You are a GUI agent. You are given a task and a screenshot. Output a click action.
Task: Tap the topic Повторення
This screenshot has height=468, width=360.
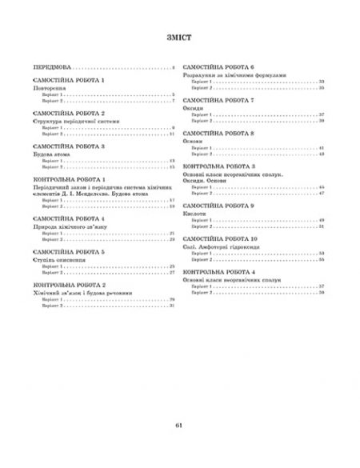tap(51, 89)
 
